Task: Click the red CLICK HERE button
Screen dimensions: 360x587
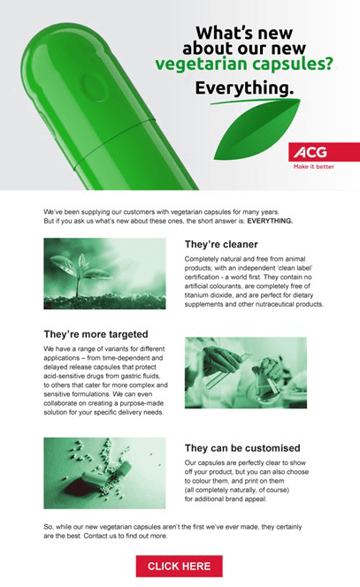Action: pyautogui.click(x=179, y=566)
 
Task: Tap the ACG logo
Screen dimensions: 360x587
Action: pyautogui.click(x=310, y=152)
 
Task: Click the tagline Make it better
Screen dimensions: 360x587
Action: pyautogui.click(x=313, y=166)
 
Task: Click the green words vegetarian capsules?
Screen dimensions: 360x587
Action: pyautogui.click(x=244, y=64)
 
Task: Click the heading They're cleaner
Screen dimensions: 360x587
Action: pyautogui.click(x=221, y=245)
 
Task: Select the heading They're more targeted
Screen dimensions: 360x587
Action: pyautogui.click(x=96, y=334)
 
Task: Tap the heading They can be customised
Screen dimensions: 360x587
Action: pyautogui.click(x=242, y=448)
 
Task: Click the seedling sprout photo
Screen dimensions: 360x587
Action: pyautogui.click(x=104, y=273)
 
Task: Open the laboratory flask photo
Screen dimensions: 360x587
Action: pyautogui.click(x=246, y=372)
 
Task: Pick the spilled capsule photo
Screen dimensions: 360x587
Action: pyautogui.click(x=104, y=473)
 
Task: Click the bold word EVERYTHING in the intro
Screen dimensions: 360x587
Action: pyautogui.click(x=270, y=221)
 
